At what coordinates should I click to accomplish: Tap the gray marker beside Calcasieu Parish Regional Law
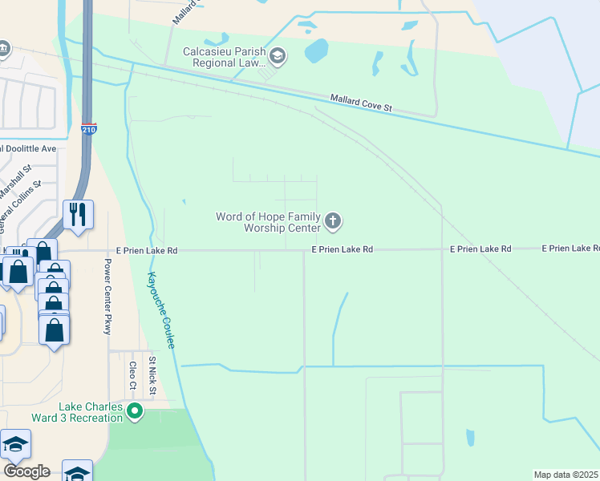(278, 55)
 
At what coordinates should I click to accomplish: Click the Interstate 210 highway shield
(89, 129)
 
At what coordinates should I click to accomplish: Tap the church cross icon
(333, 220)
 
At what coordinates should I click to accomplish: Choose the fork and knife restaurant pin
(79, 214)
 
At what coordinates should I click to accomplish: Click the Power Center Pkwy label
(107, 296)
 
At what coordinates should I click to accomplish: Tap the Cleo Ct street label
(132, 378)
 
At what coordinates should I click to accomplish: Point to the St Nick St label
(152, 376)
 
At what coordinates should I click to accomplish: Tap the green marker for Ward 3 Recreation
(135, 412)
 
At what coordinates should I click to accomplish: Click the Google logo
(26, 471)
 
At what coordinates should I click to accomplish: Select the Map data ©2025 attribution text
(566, 475)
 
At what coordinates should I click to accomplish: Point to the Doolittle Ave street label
(29, 148)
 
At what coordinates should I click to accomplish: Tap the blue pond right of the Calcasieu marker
(316, 51)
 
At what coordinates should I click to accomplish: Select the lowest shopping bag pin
(54, 330)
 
